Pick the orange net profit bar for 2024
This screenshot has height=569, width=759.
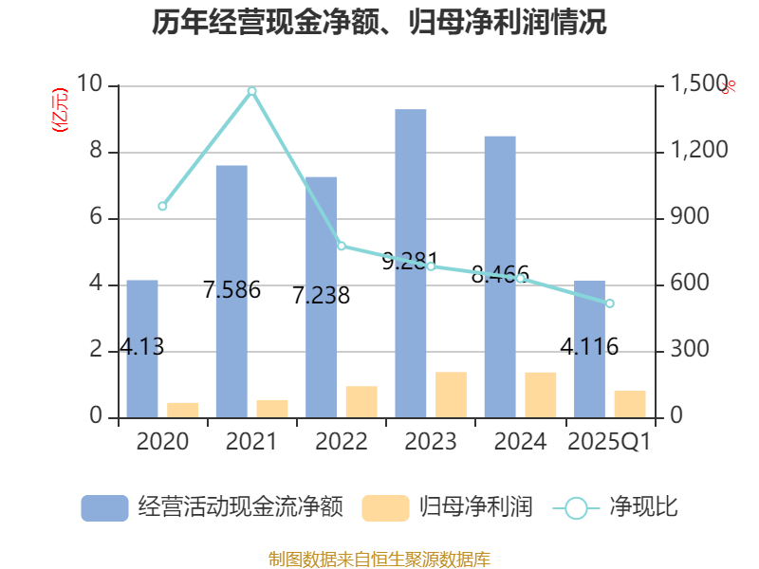[541, 395]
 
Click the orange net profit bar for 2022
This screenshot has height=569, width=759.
[361, 401]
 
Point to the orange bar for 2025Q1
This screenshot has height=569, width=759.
[630, 404]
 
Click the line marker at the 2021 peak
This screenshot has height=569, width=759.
[251, 91]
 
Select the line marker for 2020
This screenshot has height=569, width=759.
[162, 206]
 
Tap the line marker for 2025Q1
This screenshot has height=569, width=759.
[610, 303]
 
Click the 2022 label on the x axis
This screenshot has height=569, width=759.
[342, 442]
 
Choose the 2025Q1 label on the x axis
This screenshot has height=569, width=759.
[609, 442]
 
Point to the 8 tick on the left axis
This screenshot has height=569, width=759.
[95, 152]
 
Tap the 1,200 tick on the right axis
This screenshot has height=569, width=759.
[700, 152]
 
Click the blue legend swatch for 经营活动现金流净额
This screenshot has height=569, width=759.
[104, 508]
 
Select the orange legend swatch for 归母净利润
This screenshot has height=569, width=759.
[385, 508]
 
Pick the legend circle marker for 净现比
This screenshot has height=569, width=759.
[576, 508]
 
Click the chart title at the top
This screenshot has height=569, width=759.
[379, 23]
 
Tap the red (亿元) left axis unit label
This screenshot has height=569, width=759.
[60, 110]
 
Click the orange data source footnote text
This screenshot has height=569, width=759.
[379, 559]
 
